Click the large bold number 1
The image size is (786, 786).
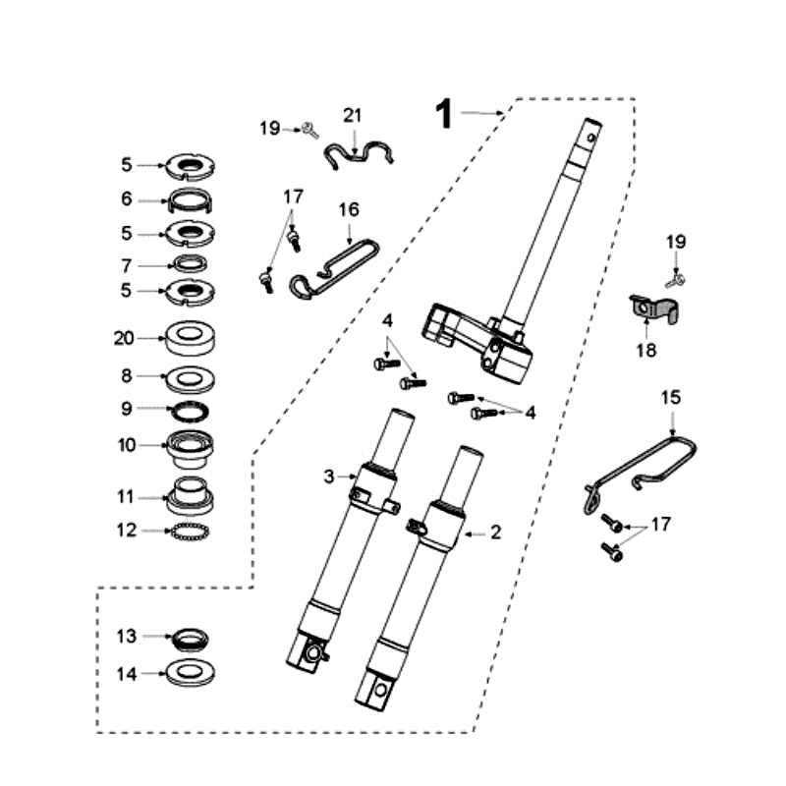444,114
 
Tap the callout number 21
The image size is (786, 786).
353,116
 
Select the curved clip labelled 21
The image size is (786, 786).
357,154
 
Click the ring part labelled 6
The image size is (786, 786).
191,200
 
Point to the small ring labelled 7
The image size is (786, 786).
191,263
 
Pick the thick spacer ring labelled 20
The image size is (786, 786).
191,338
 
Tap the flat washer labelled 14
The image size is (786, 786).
191,673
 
